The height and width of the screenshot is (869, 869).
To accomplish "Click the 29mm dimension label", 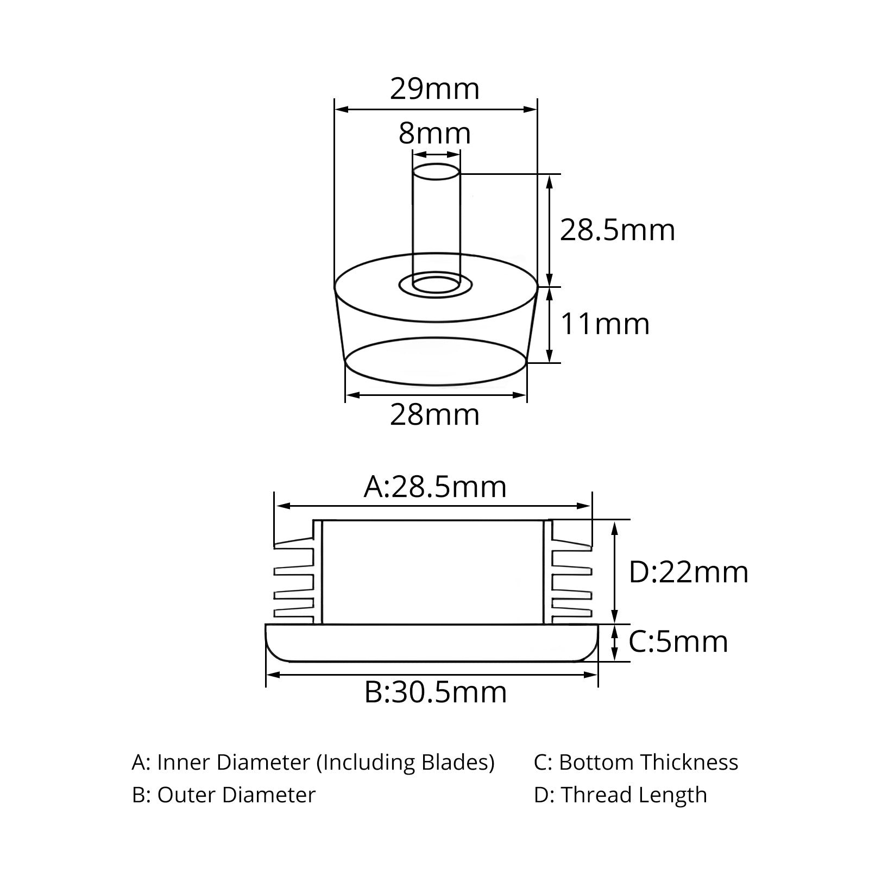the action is pos(435,89).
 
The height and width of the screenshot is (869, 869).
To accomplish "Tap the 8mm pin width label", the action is pos(434,133).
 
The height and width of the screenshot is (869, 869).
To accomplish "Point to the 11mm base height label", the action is pos(604,324).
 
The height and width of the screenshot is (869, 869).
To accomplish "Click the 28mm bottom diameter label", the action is pos(435,415).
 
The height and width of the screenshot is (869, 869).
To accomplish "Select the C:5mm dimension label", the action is pos(678,641).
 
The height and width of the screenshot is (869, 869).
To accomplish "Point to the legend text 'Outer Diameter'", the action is pos(236,795).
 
